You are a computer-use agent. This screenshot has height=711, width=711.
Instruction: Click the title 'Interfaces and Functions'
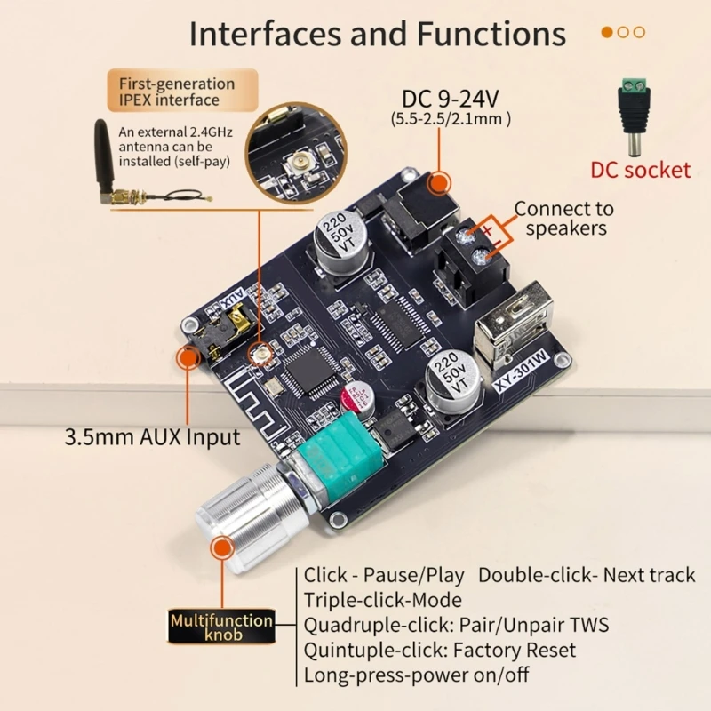click(378, 34)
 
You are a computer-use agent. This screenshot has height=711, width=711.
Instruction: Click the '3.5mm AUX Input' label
click(152, 437)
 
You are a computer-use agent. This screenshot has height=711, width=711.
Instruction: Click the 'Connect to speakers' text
click(564, 219)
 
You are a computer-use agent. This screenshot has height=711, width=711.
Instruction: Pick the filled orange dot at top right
click(608, 32)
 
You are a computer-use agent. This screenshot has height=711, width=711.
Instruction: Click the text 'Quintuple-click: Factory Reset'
click(440, 651)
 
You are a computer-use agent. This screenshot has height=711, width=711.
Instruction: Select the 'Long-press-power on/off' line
click(417, 675)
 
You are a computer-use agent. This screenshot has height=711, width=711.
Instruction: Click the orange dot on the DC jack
click(437, 183)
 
